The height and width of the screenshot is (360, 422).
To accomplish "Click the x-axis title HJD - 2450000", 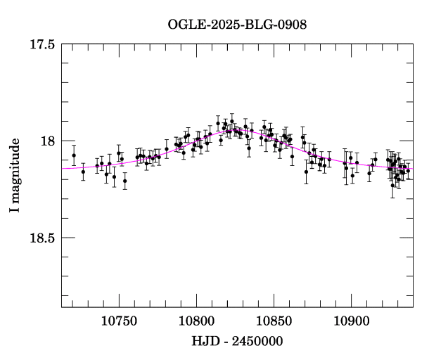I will [x=237, y=341].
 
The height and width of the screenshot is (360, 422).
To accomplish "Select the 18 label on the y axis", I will [x=49, y=141].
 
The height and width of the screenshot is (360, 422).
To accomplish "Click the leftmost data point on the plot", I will [x=74, y=155].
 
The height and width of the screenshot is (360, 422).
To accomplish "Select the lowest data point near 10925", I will [x=392, y=185].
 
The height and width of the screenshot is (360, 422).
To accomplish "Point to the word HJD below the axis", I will [x=205, y=341].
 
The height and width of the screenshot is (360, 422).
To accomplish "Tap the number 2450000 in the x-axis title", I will [x=255, y=341].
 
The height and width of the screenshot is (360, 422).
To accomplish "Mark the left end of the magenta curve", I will [x=63, y=169].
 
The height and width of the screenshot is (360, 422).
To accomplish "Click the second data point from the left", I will [x=83, y=172].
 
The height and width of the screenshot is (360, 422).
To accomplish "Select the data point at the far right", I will [x=408, y=171].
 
